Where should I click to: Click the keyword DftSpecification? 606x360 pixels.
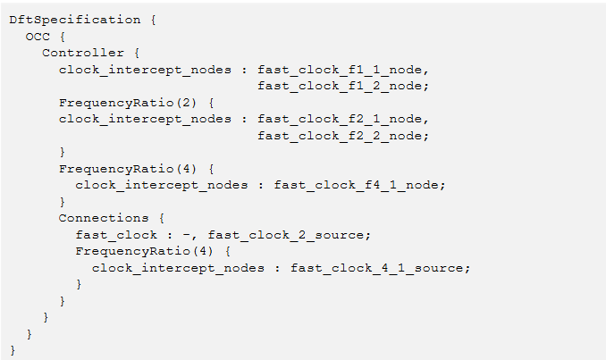[75, 20]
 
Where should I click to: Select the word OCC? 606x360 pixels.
[38, 37]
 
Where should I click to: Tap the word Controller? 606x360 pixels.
[83, 53]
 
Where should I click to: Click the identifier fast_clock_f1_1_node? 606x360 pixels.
[340, 70]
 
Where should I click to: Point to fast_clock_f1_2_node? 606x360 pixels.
[340, 86]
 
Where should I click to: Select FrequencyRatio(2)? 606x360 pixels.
[128, 103]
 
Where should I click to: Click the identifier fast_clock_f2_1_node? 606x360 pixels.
[340, 119]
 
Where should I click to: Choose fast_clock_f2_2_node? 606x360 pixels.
[340, 136]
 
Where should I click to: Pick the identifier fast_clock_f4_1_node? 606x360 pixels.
[356, 185]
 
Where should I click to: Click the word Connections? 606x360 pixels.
[104, 218]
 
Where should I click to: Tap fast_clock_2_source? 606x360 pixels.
[286, 235]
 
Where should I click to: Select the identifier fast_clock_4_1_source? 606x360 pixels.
[376, 268]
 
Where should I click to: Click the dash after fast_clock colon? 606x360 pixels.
[187, 235]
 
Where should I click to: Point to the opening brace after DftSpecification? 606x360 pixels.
[154, 20]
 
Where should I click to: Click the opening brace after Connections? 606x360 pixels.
[162, 219]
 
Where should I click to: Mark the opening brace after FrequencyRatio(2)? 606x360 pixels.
[211, 103]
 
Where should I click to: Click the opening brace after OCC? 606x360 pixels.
[63, 38]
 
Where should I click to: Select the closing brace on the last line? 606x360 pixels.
[13, 350]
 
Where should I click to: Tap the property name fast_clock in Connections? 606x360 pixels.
[116, 235]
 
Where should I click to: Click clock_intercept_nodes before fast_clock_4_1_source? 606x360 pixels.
[178, 268]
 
